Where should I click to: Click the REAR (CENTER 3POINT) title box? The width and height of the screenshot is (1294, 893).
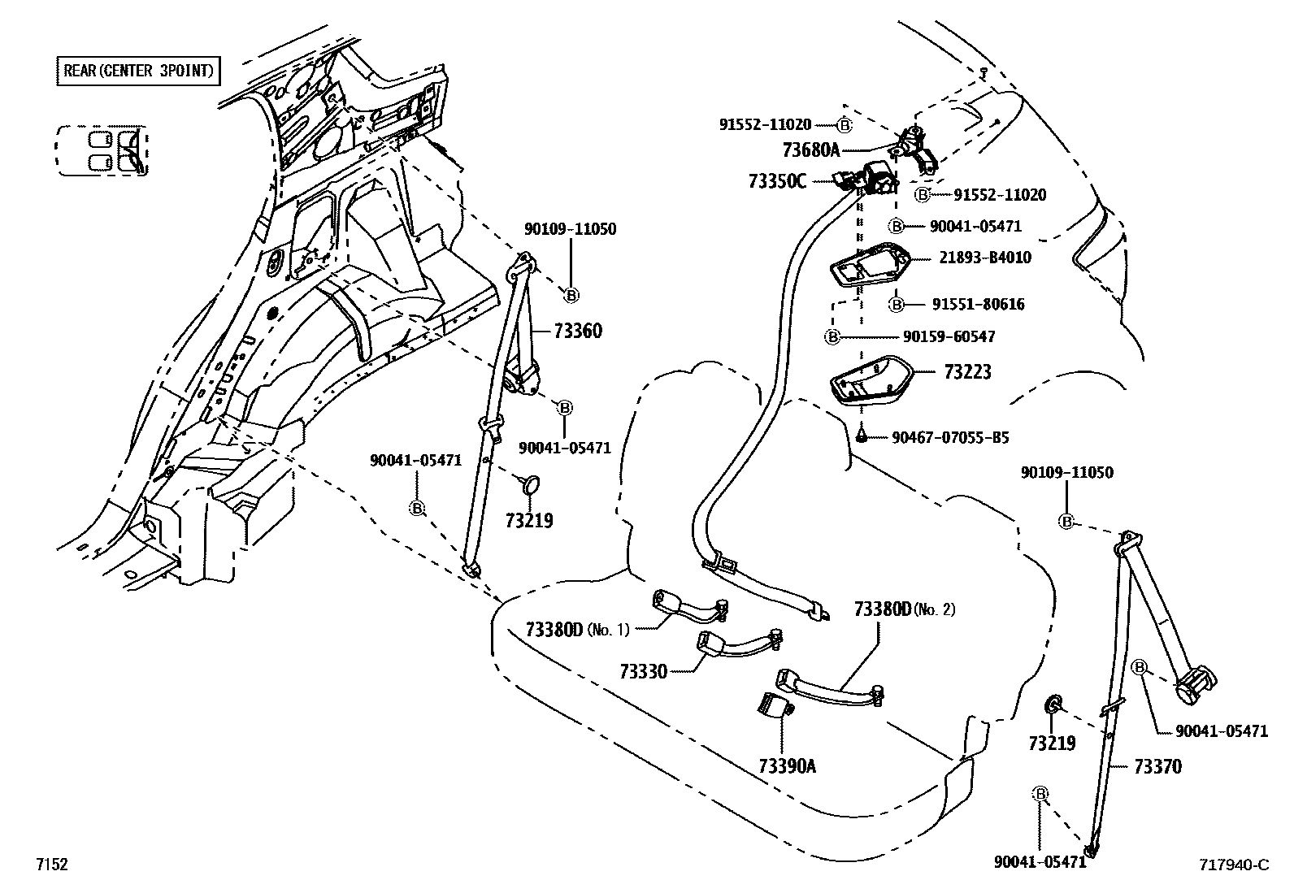coord(138,71)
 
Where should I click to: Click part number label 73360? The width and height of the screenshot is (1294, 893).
coord(578,331)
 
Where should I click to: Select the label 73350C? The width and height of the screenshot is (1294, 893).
coord(777,180)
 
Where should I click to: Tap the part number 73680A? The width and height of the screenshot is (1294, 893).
coord(810,150)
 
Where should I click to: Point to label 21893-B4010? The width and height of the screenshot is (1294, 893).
coord(984,258)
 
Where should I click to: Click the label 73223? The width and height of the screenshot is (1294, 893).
coord(967,372)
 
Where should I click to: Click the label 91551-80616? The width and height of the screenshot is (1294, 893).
coord(978,305)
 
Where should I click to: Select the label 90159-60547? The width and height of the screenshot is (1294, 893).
coord(949,336)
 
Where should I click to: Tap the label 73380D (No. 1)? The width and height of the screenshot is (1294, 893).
coord(577,630)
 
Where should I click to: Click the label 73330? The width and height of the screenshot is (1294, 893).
coord(642,671)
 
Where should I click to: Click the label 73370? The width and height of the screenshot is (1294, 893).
coord(1157,766)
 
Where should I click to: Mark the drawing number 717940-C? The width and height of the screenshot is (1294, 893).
coord(1232,865)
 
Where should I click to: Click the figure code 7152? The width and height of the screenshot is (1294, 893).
coord(50,865)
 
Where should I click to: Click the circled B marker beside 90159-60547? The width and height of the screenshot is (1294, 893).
coord(832,336)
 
